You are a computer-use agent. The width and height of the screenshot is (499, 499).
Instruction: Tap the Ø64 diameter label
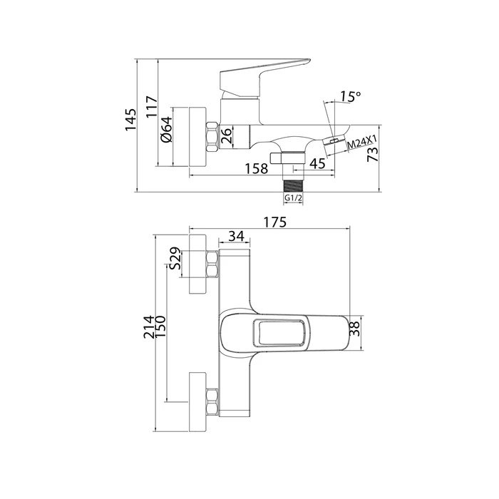click(x=165, y=130)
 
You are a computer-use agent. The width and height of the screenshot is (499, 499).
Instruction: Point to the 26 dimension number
click(x=226, y=135)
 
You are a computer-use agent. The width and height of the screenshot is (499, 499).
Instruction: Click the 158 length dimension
click(x=255, y=169)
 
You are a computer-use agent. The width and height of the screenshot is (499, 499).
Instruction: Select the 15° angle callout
click(x=350, y=96)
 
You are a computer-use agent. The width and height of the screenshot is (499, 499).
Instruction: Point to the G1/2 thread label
click(x=293, y=198)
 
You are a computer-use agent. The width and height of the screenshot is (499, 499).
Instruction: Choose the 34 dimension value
click(x=239, y=236)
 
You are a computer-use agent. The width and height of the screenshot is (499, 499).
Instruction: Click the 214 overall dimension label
click(x=148, y=330)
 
